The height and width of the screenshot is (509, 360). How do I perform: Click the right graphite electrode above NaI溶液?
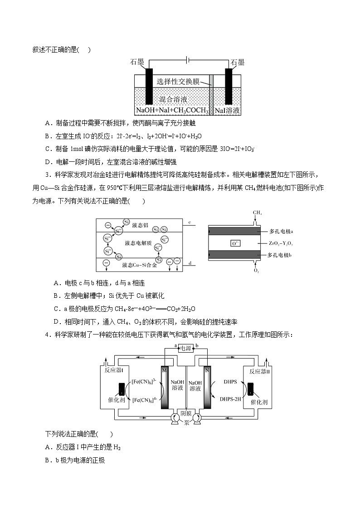tap(229, 86)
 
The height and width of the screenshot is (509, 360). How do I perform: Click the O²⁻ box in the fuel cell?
tap(236, 243)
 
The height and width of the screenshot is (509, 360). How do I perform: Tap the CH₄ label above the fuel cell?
tap(257, 212)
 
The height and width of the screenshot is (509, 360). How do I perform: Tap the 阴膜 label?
tap(186, 413)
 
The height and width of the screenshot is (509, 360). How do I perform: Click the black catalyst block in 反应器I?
tap(121, 389)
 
